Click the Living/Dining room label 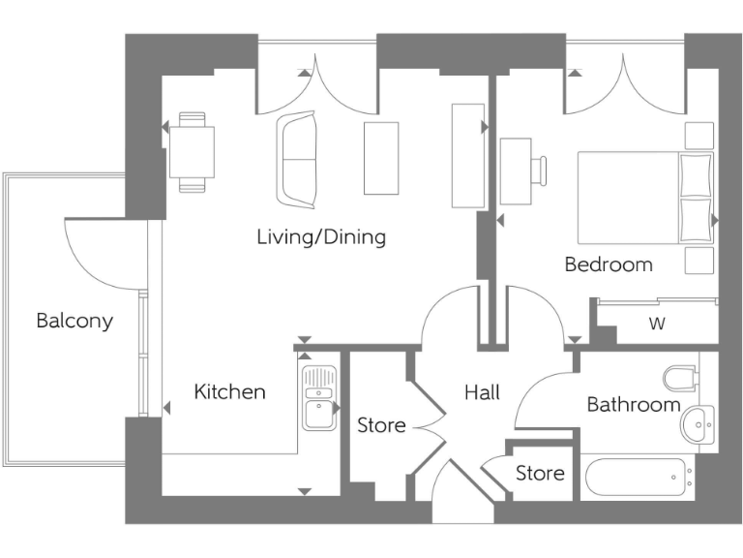pos(321,236)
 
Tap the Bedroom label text pos(609,263)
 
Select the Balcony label pos(74,321)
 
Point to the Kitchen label pos(229,392)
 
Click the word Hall pos(482,392)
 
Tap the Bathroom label pos(634,404)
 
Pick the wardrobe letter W pos(657,325)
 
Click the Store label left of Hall pos(381,425)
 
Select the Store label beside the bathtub pos(539,474)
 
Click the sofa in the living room pos(296,160)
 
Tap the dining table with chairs pos(191,152)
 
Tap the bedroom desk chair pos(538,171)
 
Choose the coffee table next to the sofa pos(380,159)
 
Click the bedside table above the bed pos(698,136)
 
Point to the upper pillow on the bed pos(695,174)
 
